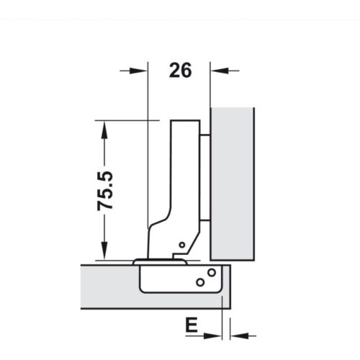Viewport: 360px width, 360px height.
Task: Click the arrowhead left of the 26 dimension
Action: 139,71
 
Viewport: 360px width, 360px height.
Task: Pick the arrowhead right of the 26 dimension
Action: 219,71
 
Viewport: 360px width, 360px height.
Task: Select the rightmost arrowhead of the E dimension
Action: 239,335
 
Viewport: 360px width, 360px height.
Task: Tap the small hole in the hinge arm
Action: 182,246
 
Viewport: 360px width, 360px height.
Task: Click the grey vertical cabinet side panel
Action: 233,184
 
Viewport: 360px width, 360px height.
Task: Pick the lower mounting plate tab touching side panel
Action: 205,218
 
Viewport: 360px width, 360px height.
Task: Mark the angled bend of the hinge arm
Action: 160,223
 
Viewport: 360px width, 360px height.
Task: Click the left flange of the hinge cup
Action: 138,261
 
